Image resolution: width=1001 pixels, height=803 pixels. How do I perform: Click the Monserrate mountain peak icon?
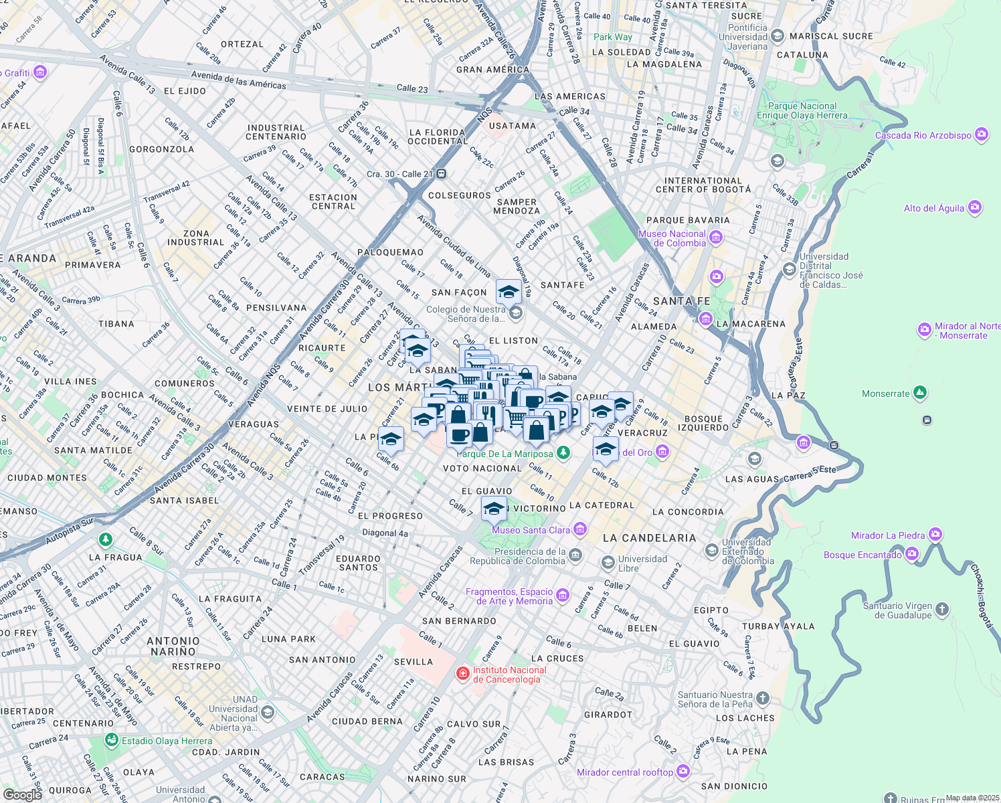click(920, 393)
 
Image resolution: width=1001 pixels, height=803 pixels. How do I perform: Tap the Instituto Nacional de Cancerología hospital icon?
click(462, 673)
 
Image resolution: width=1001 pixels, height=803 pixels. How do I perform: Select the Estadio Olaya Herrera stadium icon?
click(110, 741)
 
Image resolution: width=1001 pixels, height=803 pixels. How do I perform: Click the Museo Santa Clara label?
click(531, 530)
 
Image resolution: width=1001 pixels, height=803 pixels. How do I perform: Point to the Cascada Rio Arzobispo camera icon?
click(982, 135)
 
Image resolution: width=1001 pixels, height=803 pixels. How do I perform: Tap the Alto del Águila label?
click(934, 208)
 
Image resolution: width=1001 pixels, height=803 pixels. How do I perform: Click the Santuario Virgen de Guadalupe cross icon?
click(942, 610)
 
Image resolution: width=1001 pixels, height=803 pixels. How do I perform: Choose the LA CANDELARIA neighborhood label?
click(649, 538)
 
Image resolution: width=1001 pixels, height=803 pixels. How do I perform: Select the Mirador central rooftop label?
click(625, 772)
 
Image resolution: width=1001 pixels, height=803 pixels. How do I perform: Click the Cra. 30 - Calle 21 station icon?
click(442, 174)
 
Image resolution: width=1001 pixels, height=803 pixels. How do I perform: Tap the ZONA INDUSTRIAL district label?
click(196, 238)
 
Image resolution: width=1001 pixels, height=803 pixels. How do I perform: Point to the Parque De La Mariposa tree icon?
click(563, 453)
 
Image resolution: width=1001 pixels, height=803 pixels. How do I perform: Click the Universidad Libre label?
click(642, 563)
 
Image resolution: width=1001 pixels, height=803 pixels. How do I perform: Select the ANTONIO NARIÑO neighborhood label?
click(173, 646)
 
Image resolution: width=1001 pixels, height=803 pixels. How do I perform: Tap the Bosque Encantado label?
click(862, 555)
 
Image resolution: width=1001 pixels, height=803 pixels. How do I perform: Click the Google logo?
click(22, 794)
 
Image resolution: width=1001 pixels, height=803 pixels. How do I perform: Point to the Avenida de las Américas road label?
click(238, 80)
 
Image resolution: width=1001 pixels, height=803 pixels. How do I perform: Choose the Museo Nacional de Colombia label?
click(672, 238)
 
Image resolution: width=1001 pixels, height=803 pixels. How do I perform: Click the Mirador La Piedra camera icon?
click(935, 535)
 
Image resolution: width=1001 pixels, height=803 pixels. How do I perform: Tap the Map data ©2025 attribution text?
click(972, 798)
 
